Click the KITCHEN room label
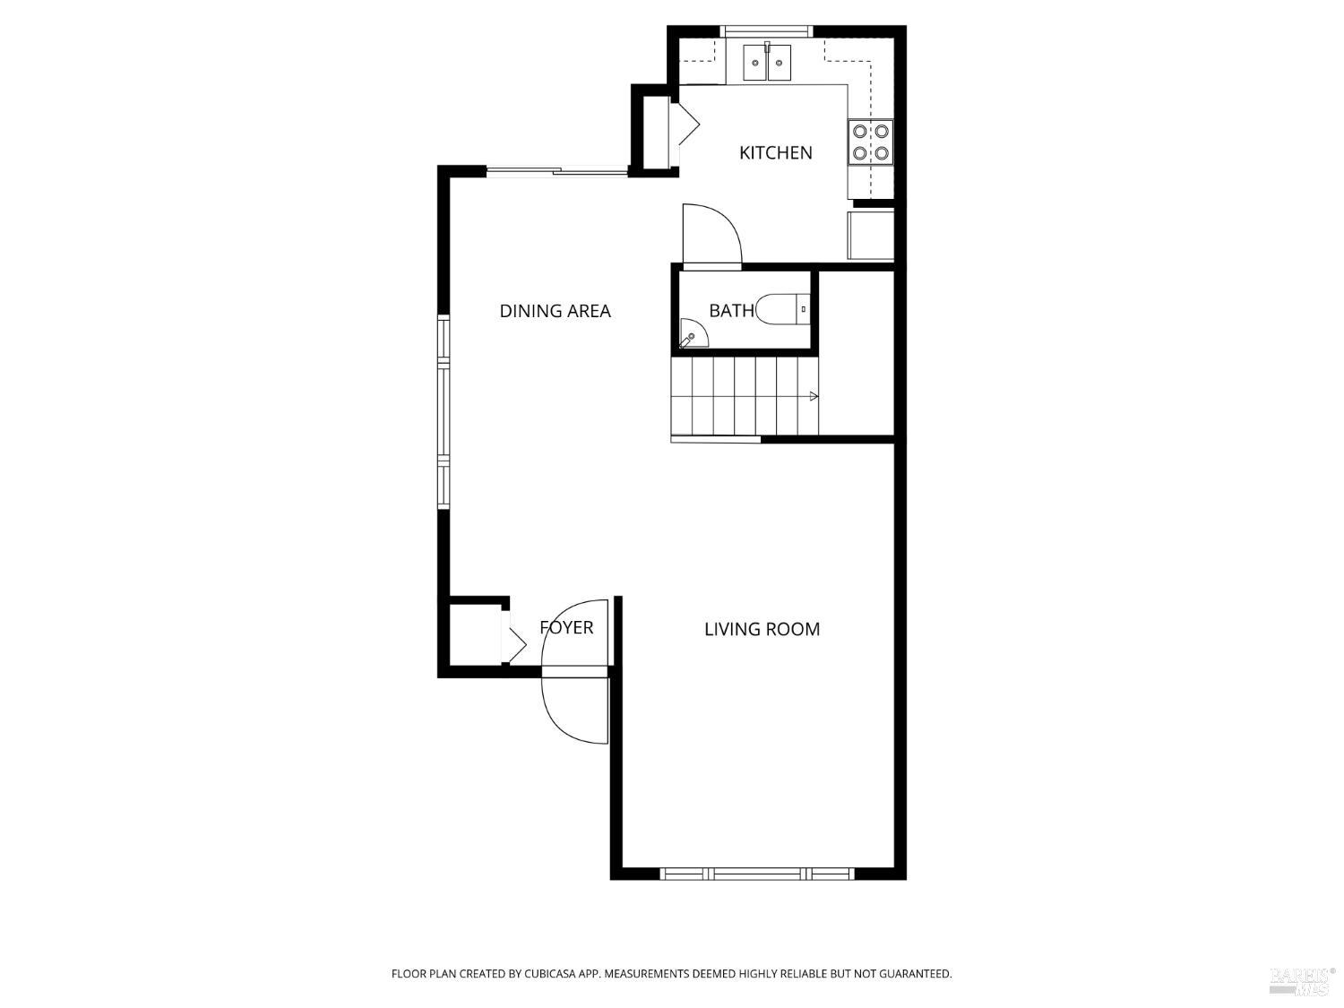pyautogui.click(x=775, y=153)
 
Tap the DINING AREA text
pyautogui.click(x=555, y=311)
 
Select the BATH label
pyautogui.click(x=731, y=311)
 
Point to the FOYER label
pyautogui.click(x=566, y=628)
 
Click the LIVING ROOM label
pyautogui.click(x=762, y=629)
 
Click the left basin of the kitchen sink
pyautogui.click(x=755, y=63)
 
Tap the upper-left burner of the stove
pyautogui.click(x=860, y=132)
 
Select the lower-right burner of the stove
pyautogui.click(x=882, y=153)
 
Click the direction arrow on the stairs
pyautogui.click(x=814, y=396)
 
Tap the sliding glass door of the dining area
pyautogui.click(x=556, y=171)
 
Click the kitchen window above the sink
pyautogui.click(x=768, y=31)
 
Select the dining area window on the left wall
pyautogui.click(x=444, y=412)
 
